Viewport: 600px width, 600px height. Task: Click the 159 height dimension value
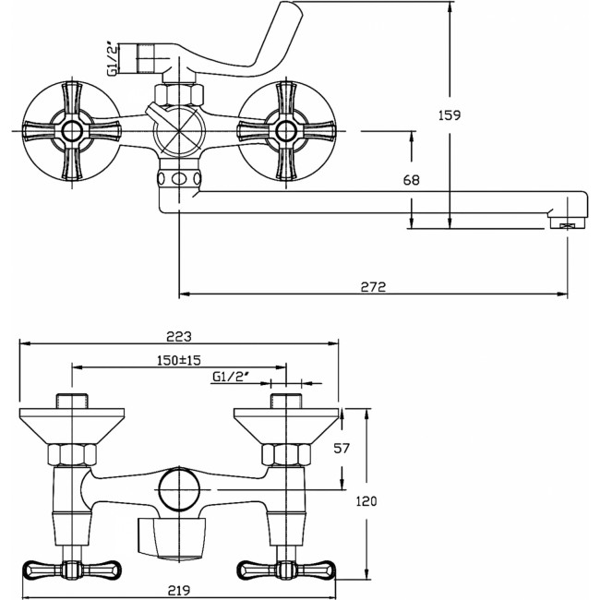450,115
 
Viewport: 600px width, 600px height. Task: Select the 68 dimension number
412,180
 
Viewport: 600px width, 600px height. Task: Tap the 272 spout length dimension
374,286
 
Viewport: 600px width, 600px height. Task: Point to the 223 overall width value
179,336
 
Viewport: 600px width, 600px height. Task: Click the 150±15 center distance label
179,360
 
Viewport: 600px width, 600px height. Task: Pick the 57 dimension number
342,448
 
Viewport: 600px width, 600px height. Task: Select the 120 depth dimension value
366,501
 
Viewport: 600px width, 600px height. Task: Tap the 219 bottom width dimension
179,591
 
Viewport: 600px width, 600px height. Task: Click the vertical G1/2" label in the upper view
112,59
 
